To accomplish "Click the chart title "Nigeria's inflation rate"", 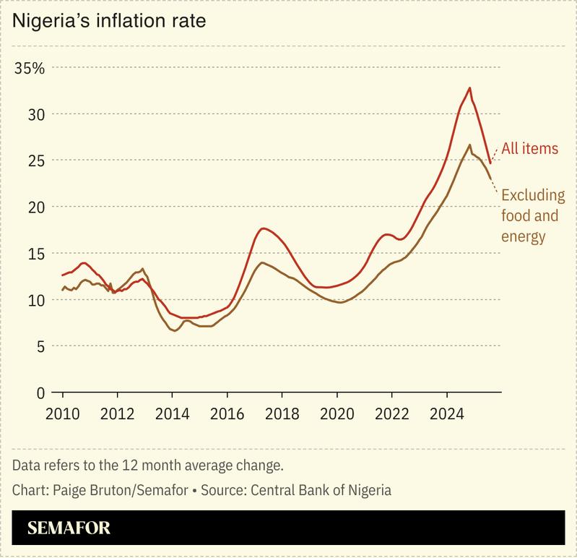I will [x=109, y=21].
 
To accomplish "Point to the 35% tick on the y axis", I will [x=30, y=69].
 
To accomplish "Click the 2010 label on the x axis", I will [x=63, y=416].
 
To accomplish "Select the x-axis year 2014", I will [x=173, y=416].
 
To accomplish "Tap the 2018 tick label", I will [x=282, y=416].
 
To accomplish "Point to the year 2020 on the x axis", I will [x=337, y=416].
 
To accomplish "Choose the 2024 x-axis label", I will [x=447, y=416].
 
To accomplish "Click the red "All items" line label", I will [x=530, y=149].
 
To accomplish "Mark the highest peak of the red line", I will [x=469, y=88].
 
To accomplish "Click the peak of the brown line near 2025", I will [x=470, y=145].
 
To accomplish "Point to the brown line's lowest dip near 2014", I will [x=174, y=330].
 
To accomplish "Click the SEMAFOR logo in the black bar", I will [x=69, y=528].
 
